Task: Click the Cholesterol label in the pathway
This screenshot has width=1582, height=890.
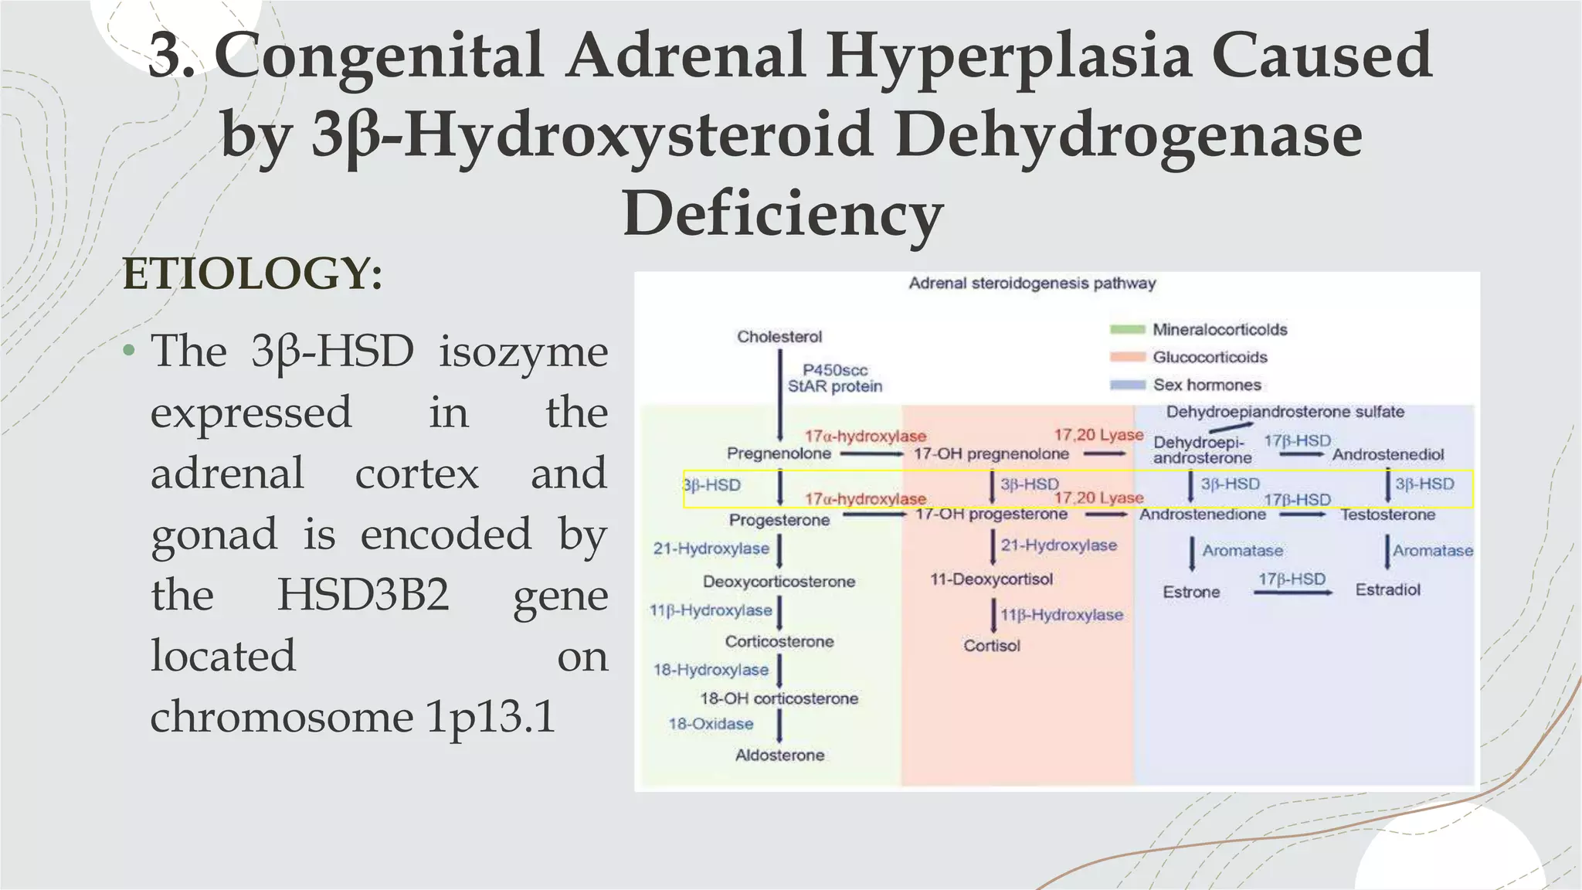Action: (779, 337)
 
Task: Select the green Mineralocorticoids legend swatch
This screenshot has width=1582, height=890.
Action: (1127, 330)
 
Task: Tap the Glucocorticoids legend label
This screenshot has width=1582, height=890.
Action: (1210, 357)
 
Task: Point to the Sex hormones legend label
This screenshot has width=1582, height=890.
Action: (1207, 385)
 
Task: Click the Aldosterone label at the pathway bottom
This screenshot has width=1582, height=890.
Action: (779, 755)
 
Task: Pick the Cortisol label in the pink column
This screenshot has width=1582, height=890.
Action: (992, 645)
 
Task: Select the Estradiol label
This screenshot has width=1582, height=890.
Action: (1387, 589)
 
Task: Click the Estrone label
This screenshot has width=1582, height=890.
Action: (1191, 592)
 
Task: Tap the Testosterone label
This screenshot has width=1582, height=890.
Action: (1387, 515)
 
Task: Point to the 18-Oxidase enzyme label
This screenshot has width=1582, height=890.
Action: (711, 724)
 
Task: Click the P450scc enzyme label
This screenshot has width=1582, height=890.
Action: (835, 370)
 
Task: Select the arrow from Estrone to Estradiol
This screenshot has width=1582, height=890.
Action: (1292, 593)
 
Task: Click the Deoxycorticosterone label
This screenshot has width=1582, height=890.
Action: (779, 581)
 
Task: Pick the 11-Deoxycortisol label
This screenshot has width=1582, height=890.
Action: (991, 579)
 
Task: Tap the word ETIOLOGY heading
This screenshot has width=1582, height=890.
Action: (253, 273)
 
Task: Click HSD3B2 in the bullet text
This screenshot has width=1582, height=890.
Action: (363, 594)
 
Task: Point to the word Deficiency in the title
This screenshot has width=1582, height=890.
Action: (783, 212)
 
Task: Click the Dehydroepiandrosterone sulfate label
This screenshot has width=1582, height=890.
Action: (1285, 412)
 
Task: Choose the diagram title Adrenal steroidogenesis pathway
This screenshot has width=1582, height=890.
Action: (1032, 283)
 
